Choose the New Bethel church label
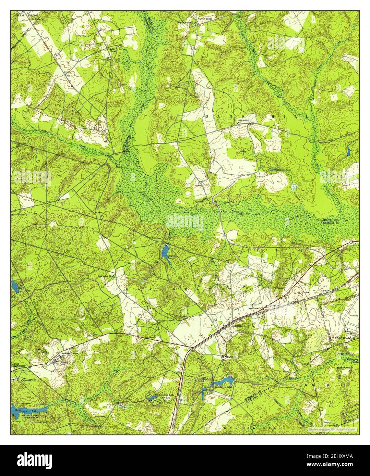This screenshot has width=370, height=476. pyautogui.click(x=244, y=121)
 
